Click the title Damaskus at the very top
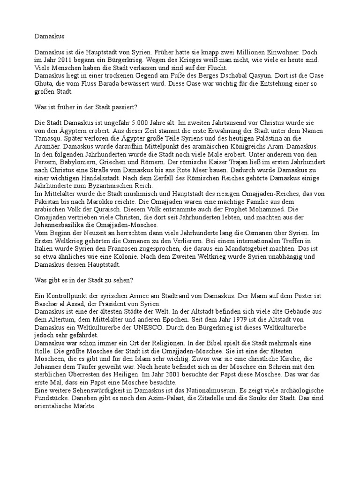pyautogui.click(x=50, y=35)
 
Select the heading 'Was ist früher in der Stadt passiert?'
pyautogui.click(x=86, y=107)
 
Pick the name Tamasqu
pyautogui.click(x=49, y=139)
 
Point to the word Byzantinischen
pyautogui.click(x=115, y=186)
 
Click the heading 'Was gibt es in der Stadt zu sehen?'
pyautogui.click(x=84, y=280)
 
